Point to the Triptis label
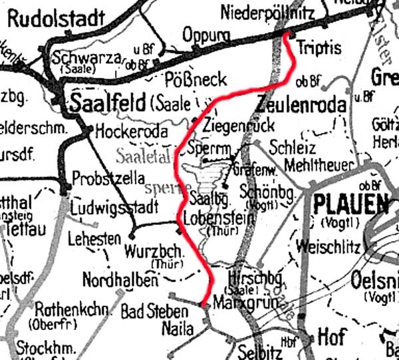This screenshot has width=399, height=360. [x=319, y=48]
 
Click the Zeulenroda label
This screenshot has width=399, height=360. [x=301, y=105]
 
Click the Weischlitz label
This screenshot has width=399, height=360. [x=329, y=247]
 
